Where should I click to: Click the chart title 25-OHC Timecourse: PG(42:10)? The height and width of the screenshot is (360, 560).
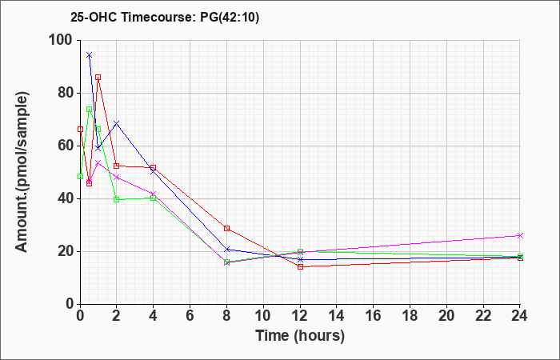pos(165,18)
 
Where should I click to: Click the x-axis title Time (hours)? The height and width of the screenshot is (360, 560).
pos(300,336)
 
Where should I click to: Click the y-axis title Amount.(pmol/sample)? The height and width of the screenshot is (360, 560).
pos(22,172)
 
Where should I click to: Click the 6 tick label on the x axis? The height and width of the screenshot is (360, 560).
pos(190,316)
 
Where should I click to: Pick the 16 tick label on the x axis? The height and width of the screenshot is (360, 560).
pos(374,316)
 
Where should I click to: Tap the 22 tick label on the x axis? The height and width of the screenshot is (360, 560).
pos(483,316)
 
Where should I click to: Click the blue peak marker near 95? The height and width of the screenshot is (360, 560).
pos(90,55)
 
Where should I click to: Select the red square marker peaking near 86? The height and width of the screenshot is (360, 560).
pos(98,77)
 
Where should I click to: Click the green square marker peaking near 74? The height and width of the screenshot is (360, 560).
pos(90,110)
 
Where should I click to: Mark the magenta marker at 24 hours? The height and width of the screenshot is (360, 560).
pos(520,236)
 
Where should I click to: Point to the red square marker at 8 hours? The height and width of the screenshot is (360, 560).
pos(226,228)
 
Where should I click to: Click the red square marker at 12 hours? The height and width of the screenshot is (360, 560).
pos(300,266)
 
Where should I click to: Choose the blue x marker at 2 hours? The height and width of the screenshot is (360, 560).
pos(117,123)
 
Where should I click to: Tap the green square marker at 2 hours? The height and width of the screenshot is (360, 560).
pos(117,200)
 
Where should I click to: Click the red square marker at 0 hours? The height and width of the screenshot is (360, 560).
pos(80,130)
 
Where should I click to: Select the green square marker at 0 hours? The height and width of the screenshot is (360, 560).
pos(80,177)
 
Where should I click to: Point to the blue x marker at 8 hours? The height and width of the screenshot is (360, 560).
pos(226,250)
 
